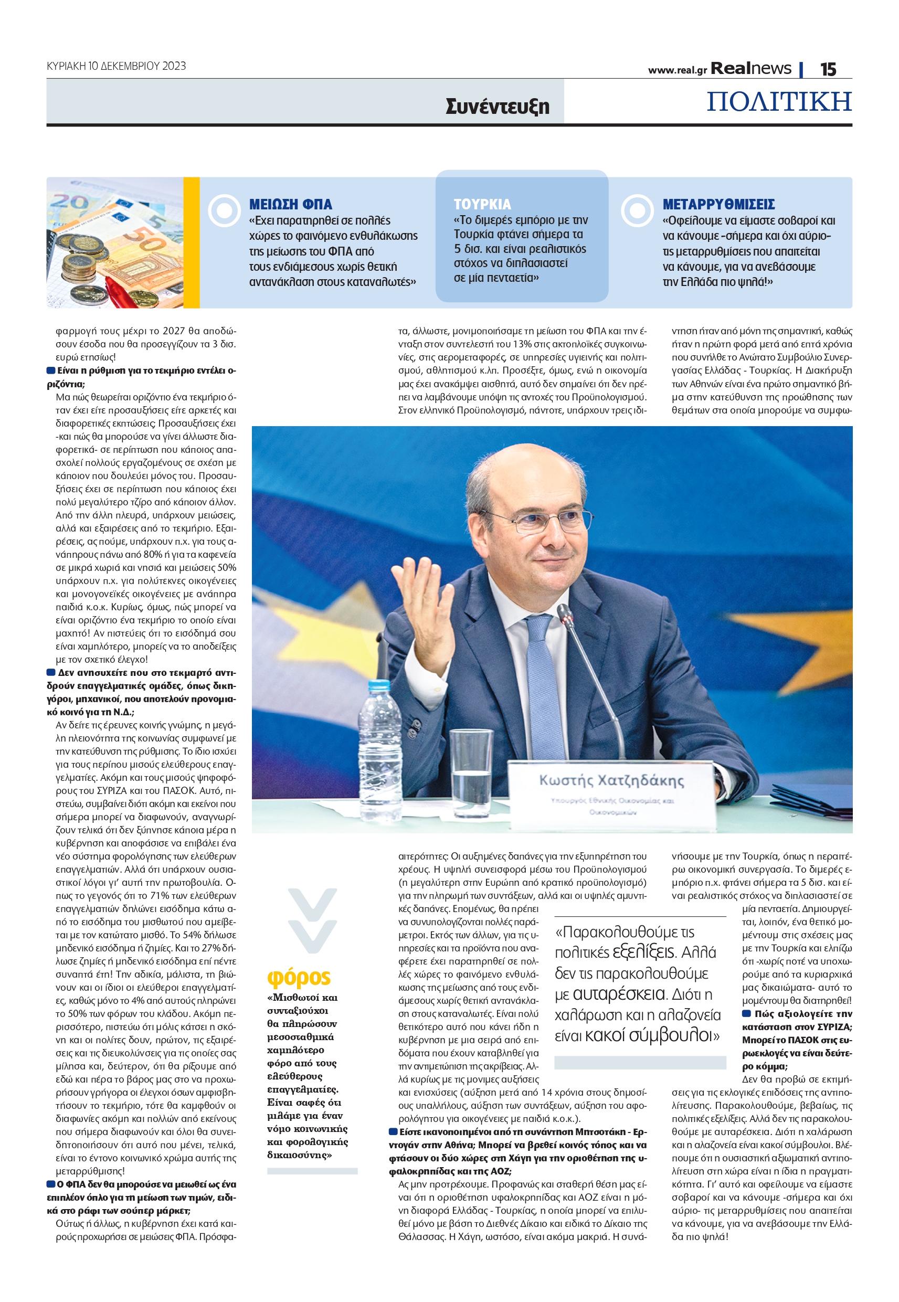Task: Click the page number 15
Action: [x=828, y=69]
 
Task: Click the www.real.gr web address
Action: [x=677, y=70]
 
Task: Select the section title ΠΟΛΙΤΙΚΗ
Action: [x=779, y=102]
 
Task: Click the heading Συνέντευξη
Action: [x=497, y=106]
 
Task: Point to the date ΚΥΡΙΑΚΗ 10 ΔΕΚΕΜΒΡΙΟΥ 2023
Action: [x=116, y=66]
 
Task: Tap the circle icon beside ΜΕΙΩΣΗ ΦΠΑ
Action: [x=224, y=210]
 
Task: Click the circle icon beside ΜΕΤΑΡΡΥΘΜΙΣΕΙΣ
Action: [x=637, y=210]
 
